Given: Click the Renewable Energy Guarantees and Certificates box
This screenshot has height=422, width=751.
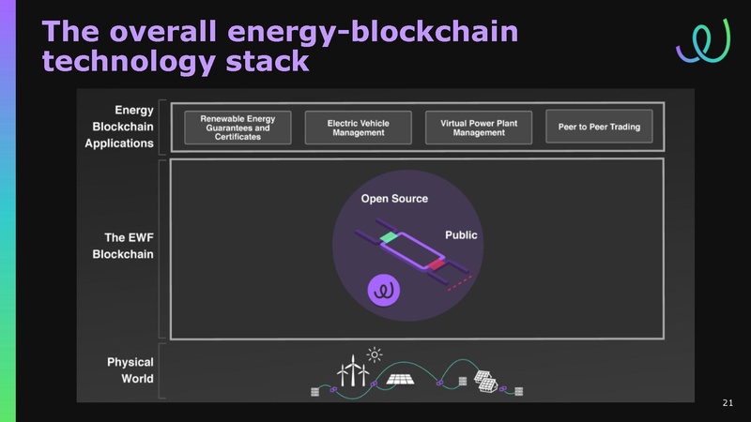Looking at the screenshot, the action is point(238,128).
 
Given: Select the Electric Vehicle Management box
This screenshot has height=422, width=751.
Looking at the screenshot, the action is point(359,128).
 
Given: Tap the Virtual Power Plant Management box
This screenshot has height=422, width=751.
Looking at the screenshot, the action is point(479,128).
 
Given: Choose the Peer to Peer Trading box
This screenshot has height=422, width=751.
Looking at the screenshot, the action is point(599,127).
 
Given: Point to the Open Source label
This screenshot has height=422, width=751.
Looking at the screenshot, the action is point(394,199).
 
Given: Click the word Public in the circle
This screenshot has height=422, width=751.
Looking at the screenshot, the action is point(461,235).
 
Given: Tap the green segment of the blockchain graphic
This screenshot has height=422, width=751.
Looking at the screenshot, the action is point(389,237).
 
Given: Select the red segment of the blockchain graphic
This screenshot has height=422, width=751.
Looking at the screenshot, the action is point(437,264).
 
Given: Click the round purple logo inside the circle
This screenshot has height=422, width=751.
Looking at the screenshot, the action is point(384,290).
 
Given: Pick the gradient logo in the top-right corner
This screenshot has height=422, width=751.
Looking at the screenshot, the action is point(703,41).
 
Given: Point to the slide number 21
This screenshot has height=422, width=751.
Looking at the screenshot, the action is point(728,403).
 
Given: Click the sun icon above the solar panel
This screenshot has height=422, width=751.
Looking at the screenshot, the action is point(374,355).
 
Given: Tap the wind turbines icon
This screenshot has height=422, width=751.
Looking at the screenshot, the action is point(353,370).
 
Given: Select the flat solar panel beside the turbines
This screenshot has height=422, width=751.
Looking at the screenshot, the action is point(401,380).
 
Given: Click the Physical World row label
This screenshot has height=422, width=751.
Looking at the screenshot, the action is point(130,370).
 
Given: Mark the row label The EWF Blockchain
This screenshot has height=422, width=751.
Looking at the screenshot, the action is point(123,246).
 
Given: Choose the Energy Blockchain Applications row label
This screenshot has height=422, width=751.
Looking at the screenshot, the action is point(119,127).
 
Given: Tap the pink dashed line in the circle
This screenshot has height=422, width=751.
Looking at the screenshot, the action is point(460,283).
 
